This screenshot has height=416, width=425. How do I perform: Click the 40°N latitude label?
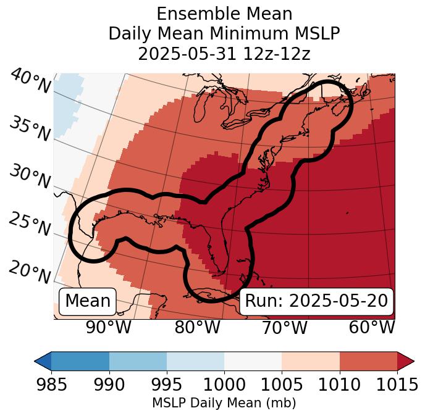(x=30, y=81)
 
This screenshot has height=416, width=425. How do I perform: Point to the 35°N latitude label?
(x=30, y=128)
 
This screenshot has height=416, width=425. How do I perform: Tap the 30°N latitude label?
(x=30, y=177)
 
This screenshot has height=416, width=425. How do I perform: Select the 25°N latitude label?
(x=30, y=224)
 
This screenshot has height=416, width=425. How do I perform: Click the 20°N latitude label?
(x=30, y=272)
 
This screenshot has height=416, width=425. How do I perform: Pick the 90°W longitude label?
(x=109, y=328)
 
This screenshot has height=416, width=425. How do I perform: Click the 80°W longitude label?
(x=198, y=328)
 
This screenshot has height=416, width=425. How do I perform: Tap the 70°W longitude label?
(x=284, y=328)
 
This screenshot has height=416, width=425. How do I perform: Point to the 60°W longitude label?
(x=372, y=328)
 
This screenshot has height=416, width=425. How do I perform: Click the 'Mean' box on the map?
(x=88, y=301)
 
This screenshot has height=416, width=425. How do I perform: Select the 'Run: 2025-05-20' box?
(x=316, y=301)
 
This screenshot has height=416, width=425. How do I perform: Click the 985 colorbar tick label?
(x=51, y=385)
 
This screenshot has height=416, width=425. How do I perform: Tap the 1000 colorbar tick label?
(x=224, y=385)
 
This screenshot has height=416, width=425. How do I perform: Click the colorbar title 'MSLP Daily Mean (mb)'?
(x=224, y=404)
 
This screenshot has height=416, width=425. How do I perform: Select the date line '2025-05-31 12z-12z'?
(x=224, y=54)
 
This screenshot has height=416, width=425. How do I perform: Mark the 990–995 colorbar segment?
(x=138, y=360)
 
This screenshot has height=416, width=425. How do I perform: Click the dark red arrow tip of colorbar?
(x=406, y=360)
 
